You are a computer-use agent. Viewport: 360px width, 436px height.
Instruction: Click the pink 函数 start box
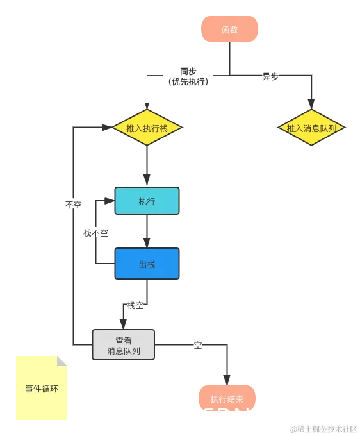click(229, 30)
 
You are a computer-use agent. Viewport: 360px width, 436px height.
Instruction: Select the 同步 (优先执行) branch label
click(188, 76)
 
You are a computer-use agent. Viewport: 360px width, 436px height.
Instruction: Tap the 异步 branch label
click(270, 76)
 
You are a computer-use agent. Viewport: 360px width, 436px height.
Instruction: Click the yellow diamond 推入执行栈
click(147, 128)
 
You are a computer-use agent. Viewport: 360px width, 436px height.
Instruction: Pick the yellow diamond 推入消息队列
click(312, 128)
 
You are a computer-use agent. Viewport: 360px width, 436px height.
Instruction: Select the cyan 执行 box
click(147, 201)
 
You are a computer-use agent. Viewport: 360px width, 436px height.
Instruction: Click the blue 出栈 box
click(147, 264)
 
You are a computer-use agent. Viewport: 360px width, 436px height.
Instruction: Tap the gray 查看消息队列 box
click(124, 346)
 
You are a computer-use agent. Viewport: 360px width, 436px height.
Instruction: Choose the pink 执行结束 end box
click(227, 398)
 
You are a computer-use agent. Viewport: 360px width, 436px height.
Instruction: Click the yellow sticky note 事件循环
click(41, 389)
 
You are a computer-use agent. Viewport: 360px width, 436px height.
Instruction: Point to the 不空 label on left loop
click(73, 205)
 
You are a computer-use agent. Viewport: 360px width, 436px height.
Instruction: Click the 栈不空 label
click(95, 233)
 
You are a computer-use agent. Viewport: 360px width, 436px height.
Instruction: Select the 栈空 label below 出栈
click(135, 306)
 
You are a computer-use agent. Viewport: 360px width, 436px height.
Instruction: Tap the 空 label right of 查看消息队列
click(198, 346)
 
